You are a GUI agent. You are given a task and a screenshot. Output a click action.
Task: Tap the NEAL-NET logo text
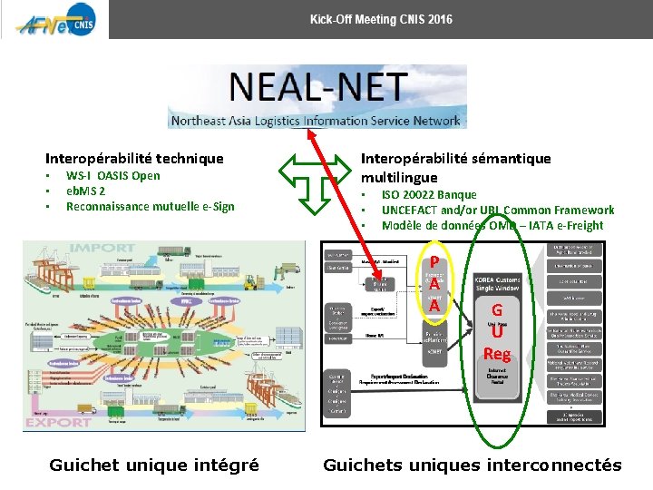[x=317, y=89]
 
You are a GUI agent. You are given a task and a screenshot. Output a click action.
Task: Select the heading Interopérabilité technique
[x=134, y=158]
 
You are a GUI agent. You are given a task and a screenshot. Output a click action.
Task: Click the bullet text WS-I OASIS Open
[x=112, y=176]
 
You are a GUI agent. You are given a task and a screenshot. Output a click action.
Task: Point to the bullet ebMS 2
[x=85, y=191]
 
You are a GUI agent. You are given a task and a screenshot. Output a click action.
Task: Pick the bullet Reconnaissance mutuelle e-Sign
[x=150, y=207]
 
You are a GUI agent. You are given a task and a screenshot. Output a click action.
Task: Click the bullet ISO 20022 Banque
[x=428, y=195]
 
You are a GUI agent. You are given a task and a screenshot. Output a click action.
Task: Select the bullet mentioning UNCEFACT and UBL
[x=497, y=211]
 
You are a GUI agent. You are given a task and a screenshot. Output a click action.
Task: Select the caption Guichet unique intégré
[x=154, y=465]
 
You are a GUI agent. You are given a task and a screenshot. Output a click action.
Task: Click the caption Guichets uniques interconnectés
[x=473, y=465]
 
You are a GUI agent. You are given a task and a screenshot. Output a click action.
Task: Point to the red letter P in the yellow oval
[x=436, y=261]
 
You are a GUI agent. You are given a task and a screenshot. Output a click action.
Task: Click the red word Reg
[x=496, y=354]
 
